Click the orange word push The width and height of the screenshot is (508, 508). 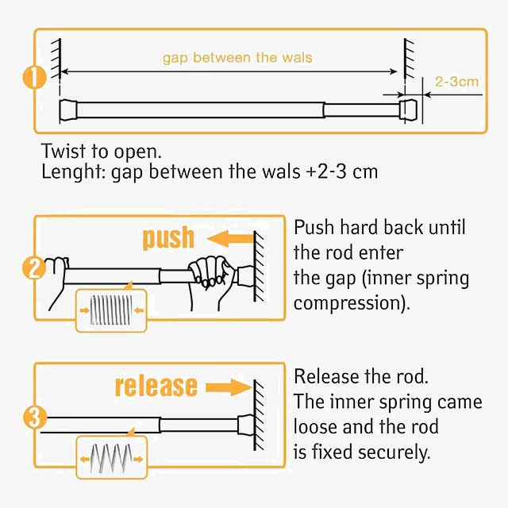[167, 237]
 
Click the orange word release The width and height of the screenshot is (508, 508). [156, 386]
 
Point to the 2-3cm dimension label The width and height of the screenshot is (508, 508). [457, 81]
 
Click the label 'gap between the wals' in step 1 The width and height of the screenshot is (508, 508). [237, 57]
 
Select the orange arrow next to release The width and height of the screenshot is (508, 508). [229, 387]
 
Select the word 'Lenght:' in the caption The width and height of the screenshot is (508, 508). [69, 172]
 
